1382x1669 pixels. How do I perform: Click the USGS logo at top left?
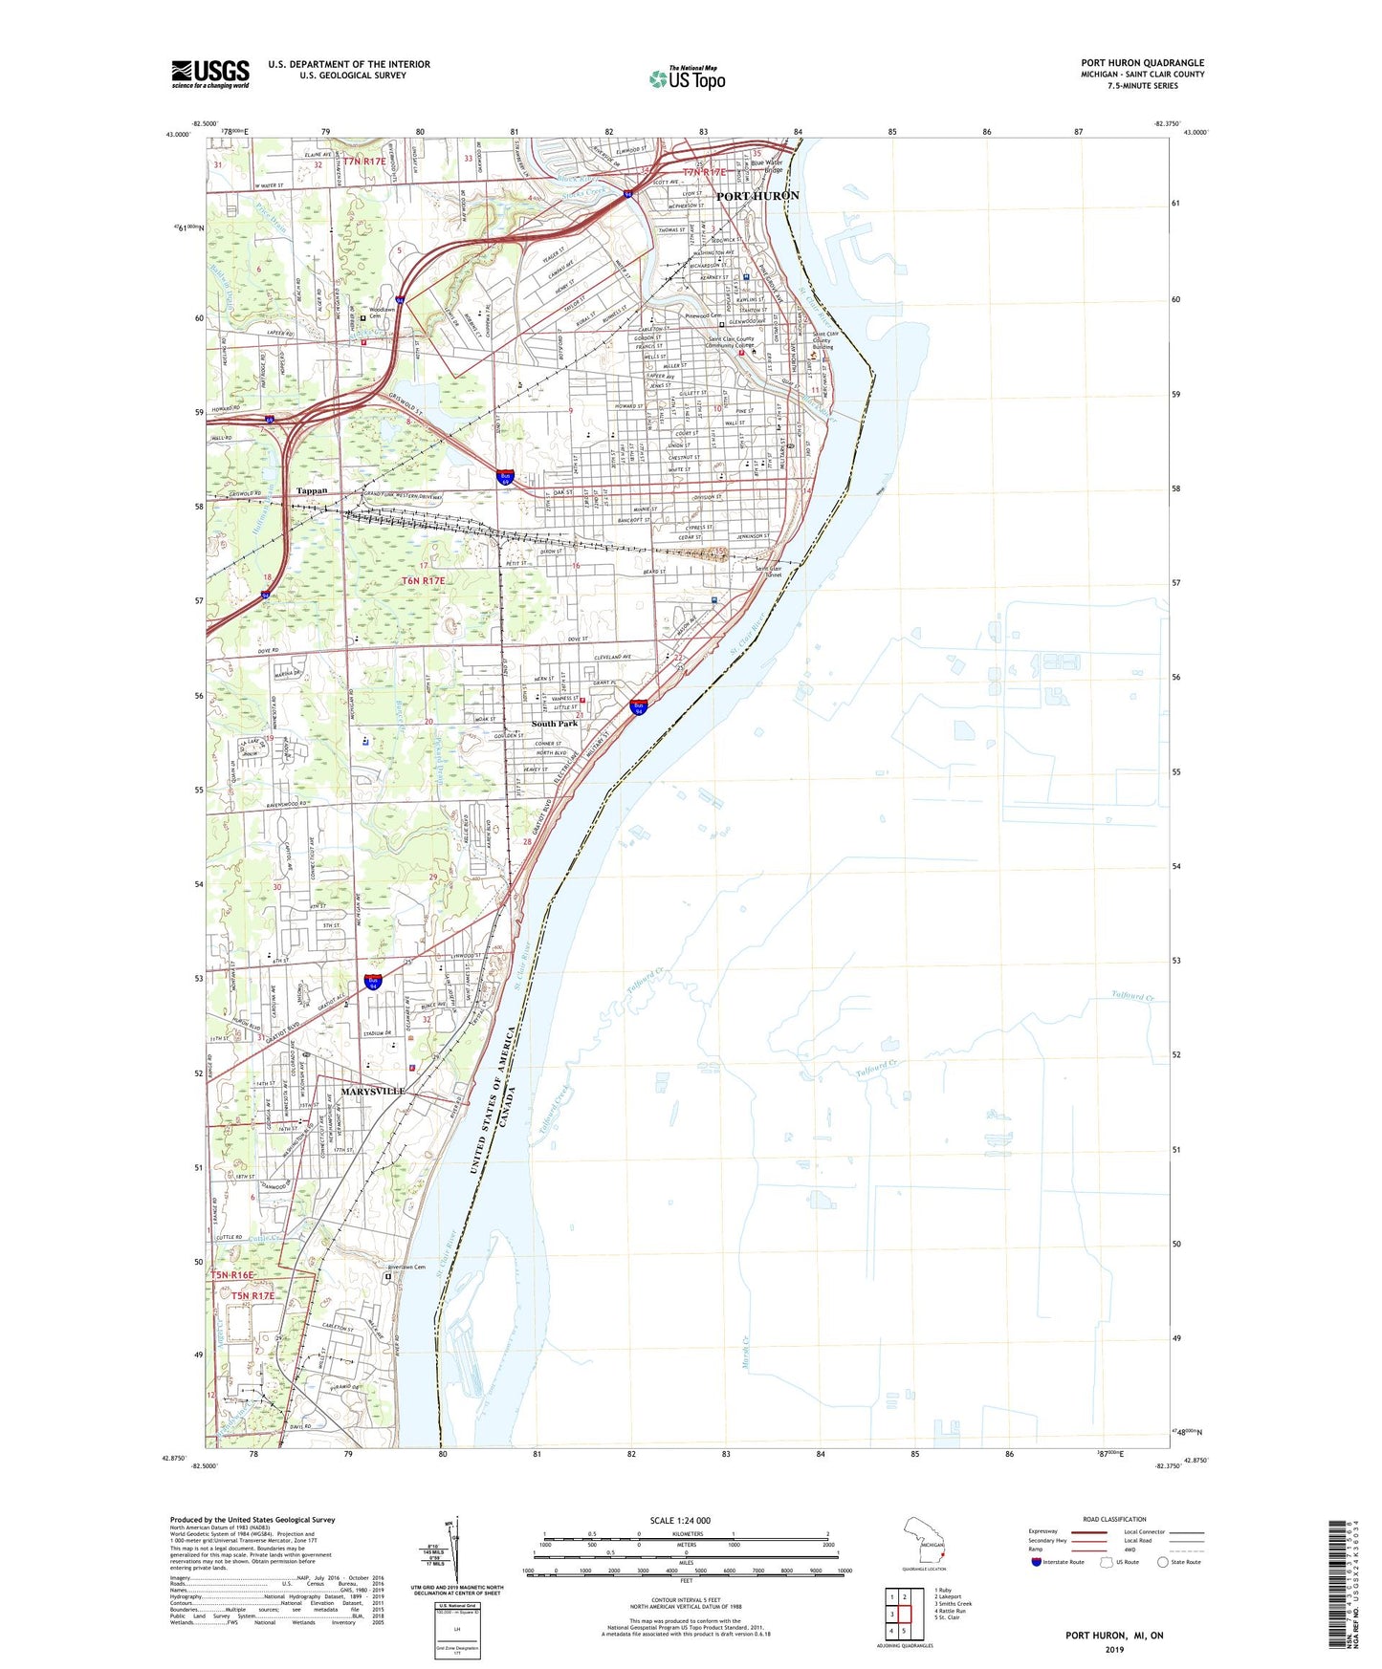point(210,74)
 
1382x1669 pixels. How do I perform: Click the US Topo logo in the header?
point(687,77)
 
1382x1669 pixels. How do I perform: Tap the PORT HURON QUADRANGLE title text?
point(1142,63)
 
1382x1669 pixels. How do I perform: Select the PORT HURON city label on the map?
point(757,196)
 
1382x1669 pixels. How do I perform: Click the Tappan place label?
point(312,490)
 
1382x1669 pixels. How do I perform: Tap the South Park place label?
point(555,724)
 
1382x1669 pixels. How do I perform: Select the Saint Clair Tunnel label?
point(769,572)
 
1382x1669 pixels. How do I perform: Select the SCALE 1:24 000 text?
point(680,1521)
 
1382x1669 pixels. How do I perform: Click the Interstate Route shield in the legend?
point(1037,1562)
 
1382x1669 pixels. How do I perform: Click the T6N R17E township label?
point(423,581)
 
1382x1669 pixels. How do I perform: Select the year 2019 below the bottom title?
point(1114,1649)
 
